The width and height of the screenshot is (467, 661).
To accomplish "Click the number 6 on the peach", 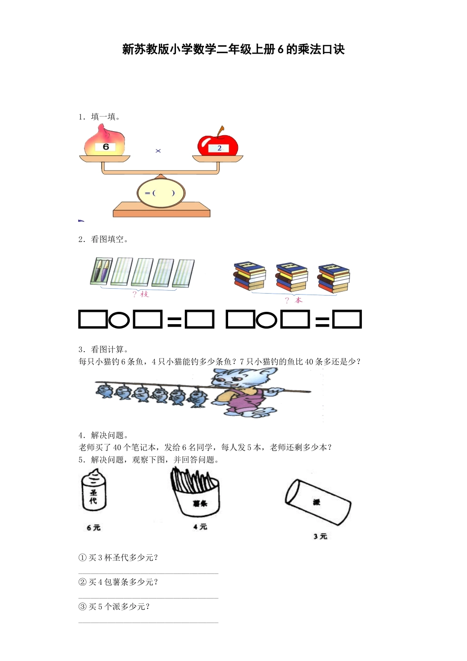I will point(106,147).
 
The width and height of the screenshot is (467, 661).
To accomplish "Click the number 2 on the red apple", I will point(219,148).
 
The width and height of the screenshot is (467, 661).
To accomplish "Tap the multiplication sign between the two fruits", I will point(158,151).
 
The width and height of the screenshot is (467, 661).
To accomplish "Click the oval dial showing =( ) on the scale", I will point(161,193).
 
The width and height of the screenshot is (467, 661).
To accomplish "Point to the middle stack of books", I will point(292,277).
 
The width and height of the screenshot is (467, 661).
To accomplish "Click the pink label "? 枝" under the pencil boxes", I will point(141,294).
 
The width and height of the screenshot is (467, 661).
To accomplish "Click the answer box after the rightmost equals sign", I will point(347,320).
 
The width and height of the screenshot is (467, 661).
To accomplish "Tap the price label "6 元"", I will point(93,528).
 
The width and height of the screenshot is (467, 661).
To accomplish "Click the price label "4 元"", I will point(200,527).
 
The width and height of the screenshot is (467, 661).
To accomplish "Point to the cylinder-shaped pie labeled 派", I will point(318,502).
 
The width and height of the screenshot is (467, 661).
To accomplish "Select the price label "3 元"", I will point(320,536).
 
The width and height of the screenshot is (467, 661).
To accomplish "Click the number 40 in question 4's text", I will point(117,448).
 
